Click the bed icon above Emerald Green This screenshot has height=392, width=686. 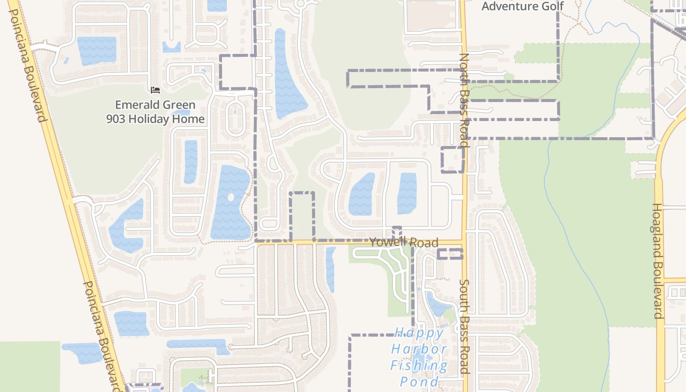coord(155,90)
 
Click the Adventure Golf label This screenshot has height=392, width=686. coord(522,6)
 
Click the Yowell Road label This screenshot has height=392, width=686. coord(403,242)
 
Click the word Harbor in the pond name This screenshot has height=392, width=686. coord(419,349)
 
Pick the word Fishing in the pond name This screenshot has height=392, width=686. coord(419,366)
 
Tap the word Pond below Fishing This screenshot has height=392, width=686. coord(419,381)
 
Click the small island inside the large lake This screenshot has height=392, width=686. coord(231,197)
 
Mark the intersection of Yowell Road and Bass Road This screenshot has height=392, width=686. coord(463,242)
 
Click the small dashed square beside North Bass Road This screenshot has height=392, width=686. coord(452,159)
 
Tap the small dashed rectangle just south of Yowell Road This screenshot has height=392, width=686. coord(450,254)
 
